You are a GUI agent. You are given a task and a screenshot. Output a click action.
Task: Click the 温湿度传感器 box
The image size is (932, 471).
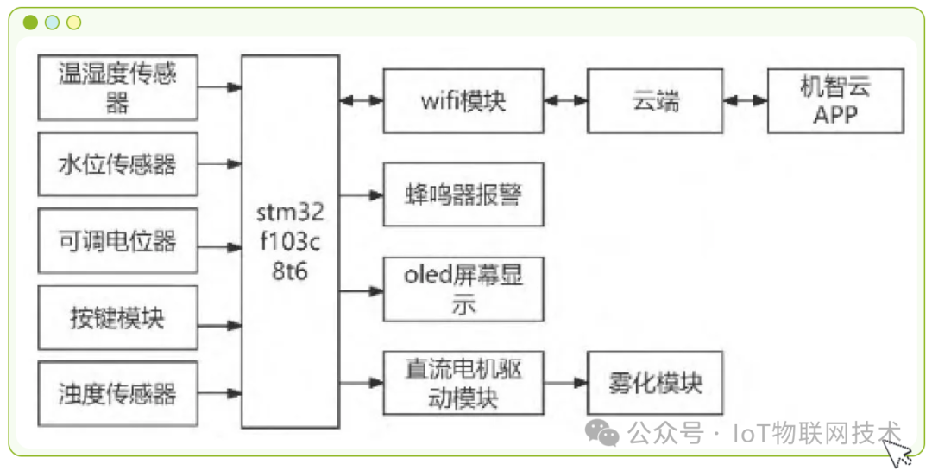(x=117, y=87)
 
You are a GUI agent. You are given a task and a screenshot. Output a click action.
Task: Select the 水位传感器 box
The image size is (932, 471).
(x=117, y=164)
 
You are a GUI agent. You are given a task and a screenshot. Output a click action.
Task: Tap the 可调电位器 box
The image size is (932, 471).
(x=117, y=240)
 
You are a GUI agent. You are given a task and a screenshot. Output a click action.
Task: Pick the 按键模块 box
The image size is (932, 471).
(x=117, y=317)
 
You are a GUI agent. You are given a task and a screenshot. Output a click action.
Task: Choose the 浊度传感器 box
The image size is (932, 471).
(x=117, y=394)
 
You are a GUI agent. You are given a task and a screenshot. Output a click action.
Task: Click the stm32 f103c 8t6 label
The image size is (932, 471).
(x=289, y=243)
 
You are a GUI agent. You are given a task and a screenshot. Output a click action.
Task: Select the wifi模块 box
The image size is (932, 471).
(x=463, y=101)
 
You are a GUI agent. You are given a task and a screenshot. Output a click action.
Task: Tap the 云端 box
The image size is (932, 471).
(x=655, y=101)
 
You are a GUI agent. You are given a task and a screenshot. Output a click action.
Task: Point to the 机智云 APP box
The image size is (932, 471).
(x=835, y=101)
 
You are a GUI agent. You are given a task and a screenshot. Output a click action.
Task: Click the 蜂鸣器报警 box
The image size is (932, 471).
(x=463, y=194)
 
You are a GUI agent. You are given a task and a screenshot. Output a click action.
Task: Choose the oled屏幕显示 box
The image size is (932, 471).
(x=463, y=290)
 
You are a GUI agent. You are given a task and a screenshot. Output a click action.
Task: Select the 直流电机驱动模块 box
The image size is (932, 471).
(x=463, y=383)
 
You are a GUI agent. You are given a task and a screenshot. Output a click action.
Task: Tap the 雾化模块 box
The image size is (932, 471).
(x=655, y=383)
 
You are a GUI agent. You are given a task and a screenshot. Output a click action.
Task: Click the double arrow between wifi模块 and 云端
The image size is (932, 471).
(x=566, y=101)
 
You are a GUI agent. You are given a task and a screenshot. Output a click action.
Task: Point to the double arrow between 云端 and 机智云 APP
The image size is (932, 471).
(x=745, y=101)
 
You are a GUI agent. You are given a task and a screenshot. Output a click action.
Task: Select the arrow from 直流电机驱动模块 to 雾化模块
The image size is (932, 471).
(x=566, y=383)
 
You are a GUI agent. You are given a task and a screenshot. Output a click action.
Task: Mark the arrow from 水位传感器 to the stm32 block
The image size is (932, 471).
(x=220, y=163)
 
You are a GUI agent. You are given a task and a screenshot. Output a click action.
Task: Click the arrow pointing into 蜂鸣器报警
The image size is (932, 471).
(x=362, y=194)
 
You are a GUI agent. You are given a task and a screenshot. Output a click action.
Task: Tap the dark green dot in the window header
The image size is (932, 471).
(x=31, y=22)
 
